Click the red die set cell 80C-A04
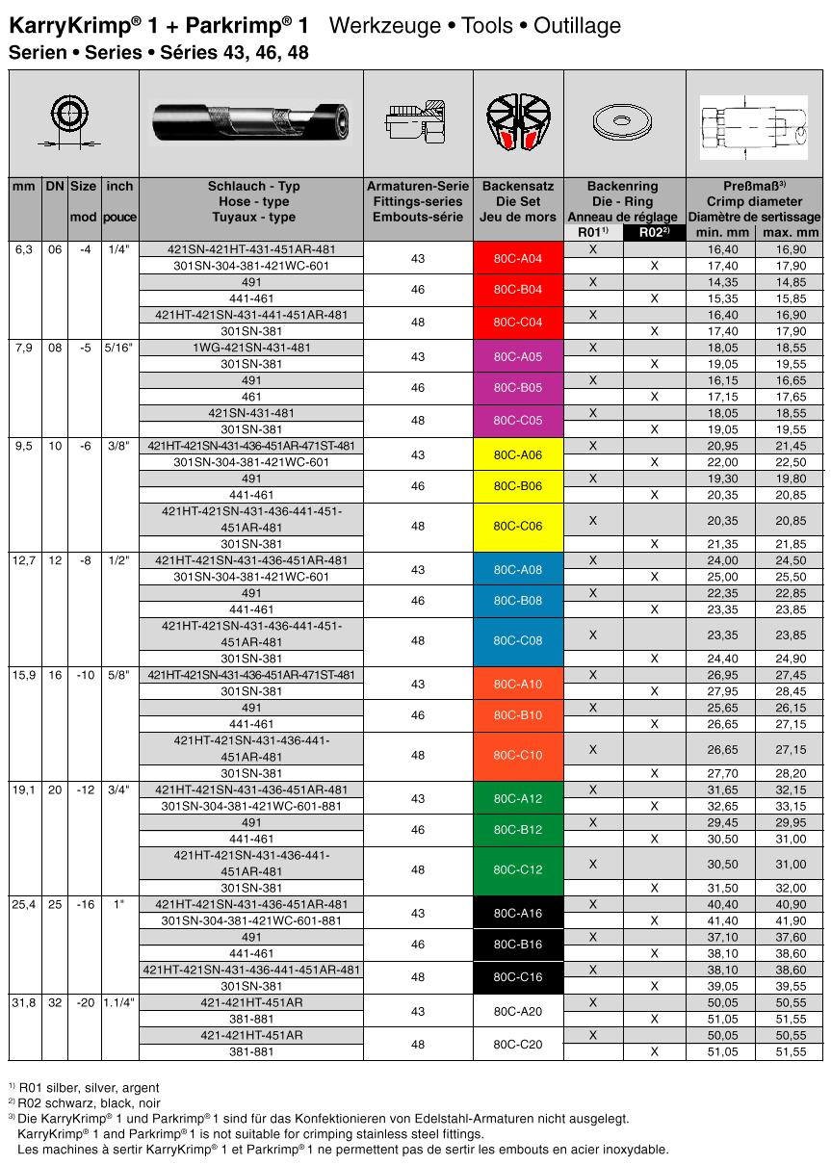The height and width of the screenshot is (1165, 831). (518, 258)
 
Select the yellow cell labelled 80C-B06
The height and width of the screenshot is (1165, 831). (518, 486)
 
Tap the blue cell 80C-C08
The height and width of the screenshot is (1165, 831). (518, 640)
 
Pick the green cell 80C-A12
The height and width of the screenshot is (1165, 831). (518, 798)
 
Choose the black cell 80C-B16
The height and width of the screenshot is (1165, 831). (518, 945)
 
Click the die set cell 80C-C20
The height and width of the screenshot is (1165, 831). (518, 1044)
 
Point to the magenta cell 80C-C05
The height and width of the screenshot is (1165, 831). (518, 421)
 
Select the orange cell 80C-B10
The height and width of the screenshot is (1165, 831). (518, 715)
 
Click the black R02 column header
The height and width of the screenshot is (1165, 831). (654, 232)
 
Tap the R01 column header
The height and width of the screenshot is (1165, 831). (593, 232)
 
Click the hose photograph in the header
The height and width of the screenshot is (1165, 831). (250, 122)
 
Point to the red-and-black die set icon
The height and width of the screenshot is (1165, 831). (518, 123)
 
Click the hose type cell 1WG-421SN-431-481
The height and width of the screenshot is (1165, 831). (251, 347)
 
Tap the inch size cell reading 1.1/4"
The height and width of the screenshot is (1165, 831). (119, 1002)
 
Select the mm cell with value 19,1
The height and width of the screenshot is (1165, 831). (24, 790)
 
